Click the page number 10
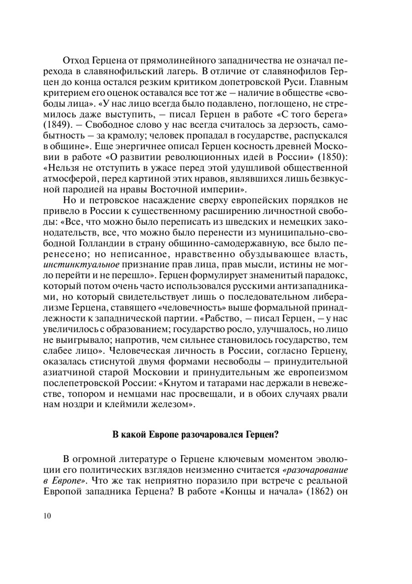click(x=47, y=516)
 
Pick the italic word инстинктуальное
click(x=82, y=264)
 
